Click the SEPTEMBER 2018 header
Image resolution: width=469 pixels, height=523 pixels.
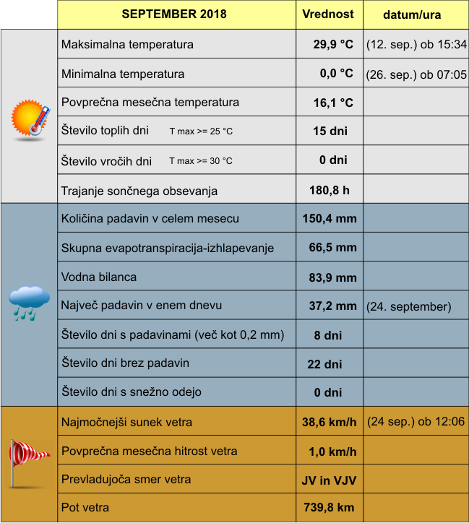coord(174,14)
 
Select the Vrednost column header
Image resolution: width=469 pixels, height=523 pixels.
coord(327,14)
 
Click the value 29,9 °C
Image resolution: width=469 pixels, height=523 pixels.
coord(332,44)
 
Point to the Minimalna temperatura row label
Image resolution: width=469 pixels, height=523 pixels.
coord(123,74)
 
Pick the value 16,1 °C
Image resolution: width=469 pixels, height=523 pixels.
coord(332,103)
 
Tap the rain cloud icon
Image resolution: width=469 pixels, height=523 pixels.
coord(29,301)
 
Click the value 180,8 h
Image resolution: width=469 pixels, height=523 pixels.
coord(330,191)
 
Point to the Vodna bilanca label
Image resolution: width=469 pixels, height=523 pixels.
coord(99,277)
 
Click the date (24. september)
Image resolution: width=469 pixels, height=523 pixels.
coord(409,306)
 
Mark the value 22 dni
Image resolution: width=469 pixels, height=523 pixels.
coord(324,364)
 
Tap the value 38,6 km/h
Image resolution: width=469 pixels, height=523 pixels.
coord(329,422)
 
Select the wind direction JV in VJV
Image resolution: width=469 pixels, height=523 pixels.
coord(328,480)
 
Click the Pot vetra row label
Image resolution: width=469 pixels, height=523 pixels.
coord(85,508)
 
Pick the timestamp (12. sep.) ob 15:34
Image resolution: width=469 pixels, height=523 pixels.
coord(416,44)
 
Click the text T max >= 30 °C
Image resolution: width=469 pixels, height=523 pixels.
coord(201,160)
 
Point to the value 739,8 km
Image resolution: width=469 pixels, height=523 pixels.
coord(329,508)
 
